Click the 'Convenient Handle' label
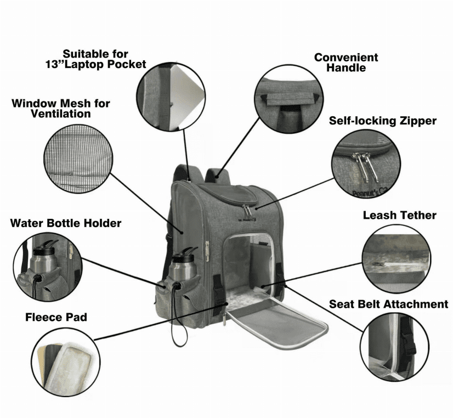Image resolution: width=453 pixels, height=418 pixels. pos(346,63)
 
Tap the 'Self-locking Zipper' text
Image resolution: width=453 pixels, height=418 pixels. pos(383,121)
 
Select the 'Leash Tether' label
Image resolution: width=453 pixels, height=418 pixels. pos(399,215)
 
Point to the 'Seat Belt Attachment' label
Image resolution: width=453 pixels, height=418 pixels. pos(388,304)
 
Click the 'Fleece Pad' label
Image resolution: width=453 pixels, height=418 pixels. pos(56,317)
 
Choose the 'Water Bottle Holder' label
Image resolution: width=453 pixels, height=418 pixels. pos(66,223)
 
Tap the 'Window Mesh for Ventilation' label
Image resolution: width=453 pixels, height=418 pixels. pos(61,109)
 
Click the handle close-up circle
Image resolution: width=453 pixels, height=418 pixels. pos(288,99)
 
